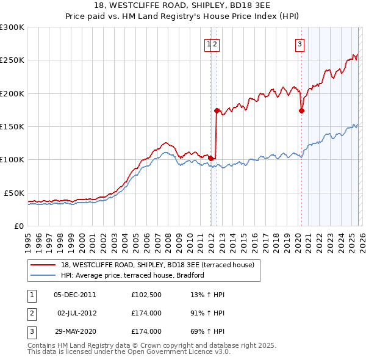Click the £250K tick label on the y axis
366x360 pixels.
[x=12, y=60]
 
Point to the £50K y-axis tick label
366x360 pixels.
[x=14, y=193]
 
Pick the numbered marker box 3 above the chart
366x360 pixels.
[x=300, y=44]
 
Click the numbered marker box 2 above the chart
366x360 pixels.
[x=216, y=44]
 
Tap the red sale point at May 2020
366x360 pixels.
[x=301, y=110]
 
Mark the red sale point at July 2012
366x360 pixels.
[x=217, y=110]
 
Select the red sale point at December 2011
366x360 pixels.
[x=211, y=158]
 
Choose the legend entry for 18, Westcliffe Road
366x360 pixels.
[x=161, y=264]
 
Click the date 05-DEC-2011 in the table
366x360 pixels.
[x=74, y=295]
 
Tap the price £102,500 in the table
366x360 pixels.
[x=146, y=295]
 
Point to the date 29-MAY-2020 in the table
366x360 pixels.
[x=74, y=331]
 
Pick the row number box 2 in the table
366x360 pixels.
[x=31, y=313]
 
